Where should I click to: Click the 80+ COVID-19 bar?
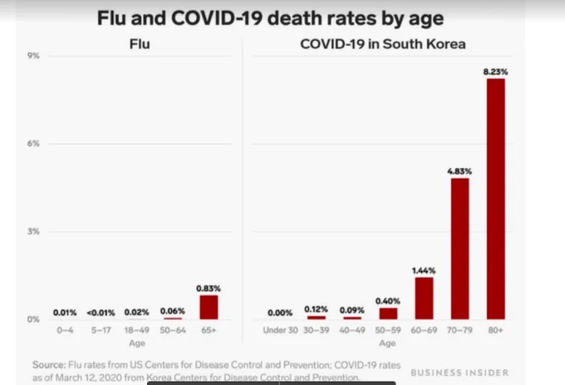pos(496,199)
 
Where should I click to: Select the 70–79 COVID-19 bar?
pos(459,249)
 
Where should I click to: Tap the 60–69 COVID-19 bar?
pos(424,299)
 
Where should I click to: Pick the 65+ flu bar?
pos(209,308)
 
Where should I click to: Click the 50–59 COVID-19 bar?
pos(388,313)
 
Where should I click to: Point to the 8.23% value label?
pos(495,72)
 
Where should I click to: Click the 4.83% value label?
pos(459,171)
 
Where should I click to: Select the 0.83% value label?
pos(209,289)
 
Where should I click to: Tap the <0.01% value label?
pos(101,313)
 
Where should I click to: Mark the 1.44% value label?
pos(424,270)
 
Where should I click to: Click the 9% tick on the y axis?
pos(33,56)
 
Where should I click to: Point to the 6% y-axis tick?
pos(33,144)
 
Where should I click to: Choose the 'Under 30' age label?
pos(280,330)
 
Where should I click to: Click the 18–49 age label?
pos(136,330)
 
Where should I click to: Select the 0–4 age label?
pos(65,330)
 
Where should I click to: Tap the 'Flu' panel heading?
pos(140,44)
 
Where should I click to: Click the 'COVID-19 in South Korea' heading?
pos(383,44)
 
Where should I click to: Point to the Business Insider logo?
pos(459,373)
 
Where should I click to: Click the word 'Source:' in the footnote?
pos(49,365)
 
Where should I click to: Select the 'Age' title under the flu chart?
pos(137,343)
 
